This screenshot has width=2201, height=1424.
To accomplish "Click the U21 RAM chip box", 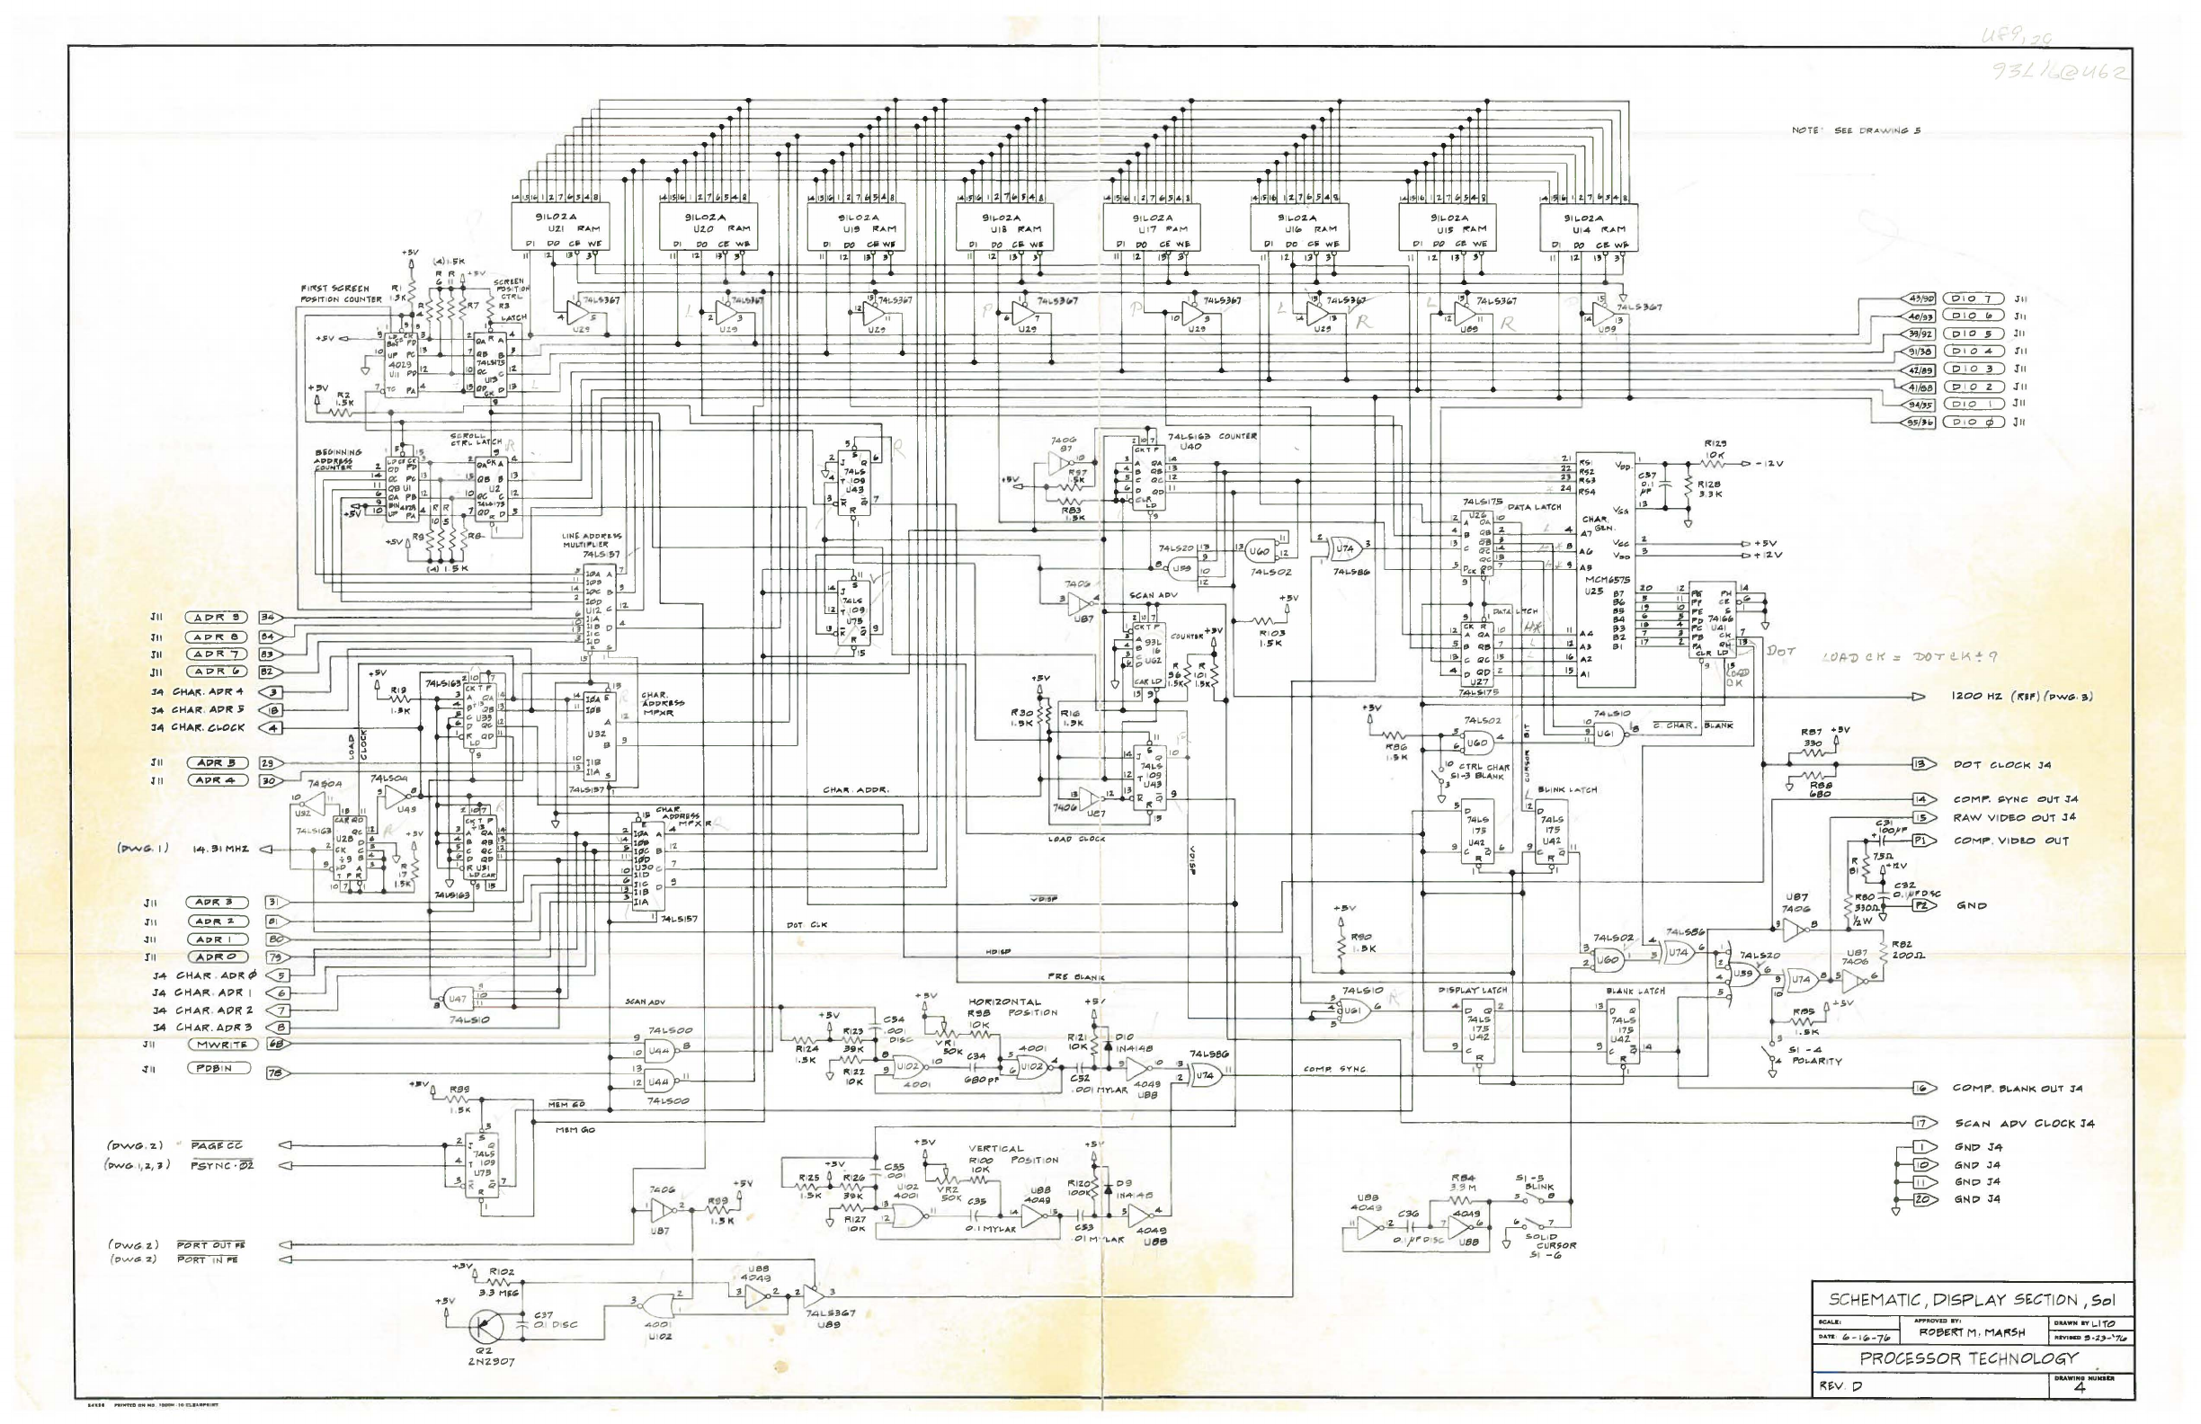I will point(561,227).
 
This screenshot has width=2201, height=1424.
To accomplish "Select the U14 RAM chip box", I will point(1589,227).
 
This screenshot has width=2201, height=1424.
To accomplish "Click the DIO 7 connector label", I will point(1973,298).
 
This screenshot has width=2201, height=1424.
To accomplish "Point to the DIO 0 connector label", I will point(1973,422).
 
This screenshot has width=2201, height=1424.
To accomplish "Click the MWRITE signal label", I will point(222,1044).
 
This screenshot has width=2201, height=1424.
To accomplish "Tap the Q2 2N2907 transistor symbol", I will point(483,1327).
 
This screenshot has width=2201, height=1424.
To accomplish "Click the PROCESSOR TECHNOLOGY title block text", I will point(1968,1358).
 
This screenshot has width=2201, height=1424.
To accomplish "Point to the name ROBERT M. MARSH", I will point(1971,1332).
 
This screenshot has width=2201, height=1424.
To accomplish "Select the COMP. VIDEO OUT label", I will point(2009,841).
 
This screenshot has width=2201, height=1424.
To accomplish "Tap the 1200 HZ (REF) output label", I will point(2021,697).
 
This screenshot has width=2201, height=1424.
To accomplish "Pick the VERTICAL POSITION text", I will point(1011,1154).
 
